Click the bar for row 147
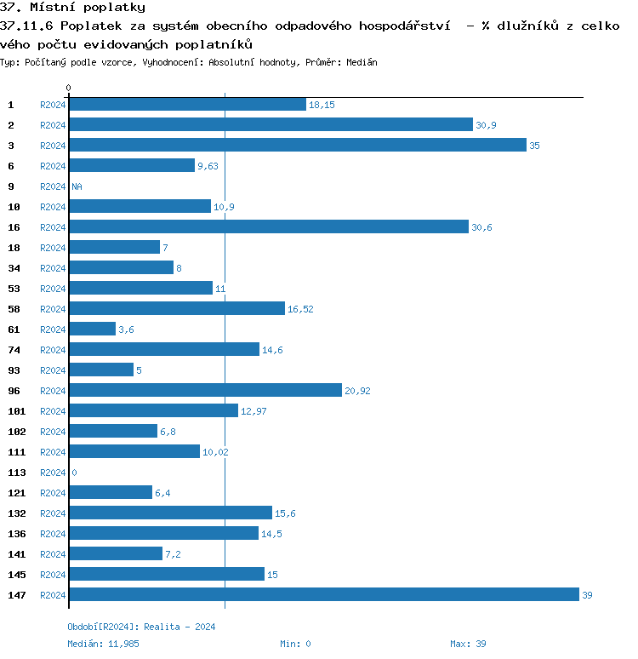[x=323, y=594]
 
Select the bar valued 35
[x=298, y=145]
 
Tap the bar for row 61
[x=92, y=329]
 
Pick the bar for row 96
[x=205, y=390]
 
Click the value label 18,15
[x=322, y=105]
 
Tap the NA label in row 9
[x=77, y=186]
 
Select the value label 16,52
[x=300, y=309]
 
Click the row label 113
[x=15, y=473]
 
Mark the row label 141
[x=15, y=554]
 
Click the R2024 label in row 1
[x=53, y=105]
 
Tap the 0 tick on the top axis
[x=69, y=88]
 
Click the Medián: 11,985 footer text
[x=103, y=644]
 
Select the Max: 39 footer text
[x=468, y=644]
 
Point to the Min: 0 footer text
[x=295, y=644]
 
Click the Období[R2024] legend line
[x=141, y=627]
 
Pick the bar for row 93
[x=101, y=370]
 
